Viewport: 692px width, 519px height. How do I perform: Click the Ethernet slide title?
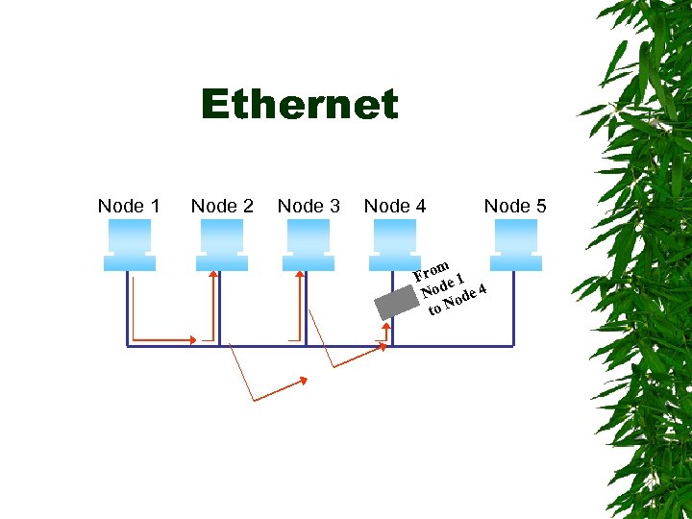(x=299, y=105)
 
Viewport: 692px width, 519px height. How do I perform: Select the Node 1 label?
(x=129, y=206)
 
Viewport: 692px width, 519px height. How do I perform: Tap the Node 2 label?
(x=222, y=206)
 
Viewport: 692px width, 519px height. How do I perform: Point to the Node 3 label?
(x=309, y=206)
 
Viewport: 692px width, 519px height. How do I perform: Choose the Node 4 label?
(x=395, y=206)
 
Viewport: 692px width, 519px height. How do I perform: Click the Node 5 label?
(x=515, y=206)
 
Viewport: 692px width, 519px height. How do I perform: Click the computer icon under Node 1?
(x=128, y=245)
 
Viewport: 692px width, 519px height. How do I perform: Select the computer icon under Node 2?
(x=222, y=245)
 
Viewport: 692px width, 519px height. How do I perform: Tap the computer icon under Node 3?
(x=309, y=245)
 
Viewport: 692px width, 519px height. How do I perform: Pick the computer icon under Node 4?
(x=395, y=245)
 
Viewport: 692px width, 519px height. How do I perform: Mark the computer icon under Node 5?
(x=514, y=245)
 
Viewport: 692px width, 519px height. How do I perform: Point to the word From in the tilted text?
(x=432, y=269)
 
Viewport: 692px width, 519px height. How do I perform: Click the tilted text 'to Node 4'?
(x=453, y=301)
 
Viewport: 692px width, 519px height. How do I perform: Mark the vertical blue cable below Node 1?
(x=127, y=308)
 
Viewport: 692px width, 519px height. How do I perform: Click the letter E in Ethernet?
(x=216, y=105)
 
